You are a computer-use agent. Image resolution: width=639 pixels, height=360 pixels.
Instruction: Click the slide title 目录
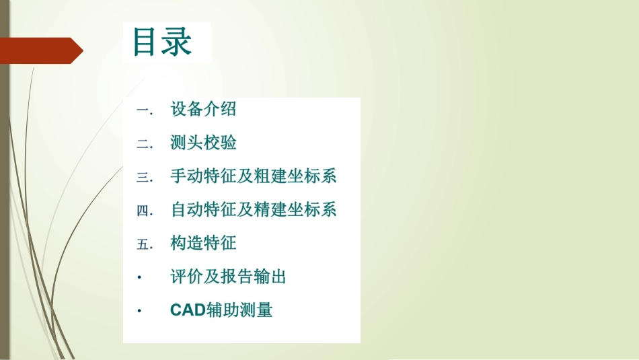coord(163,42)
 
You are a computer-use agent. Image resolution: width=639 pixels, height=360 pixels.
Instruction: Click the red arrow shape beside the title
coord(40,50)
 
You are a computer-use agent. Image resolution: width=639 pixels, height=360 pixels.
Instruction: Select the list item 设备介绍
coord(203,109)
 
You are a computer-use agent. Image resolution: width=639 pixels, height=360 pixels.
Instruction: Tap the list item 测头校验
coord(203,143)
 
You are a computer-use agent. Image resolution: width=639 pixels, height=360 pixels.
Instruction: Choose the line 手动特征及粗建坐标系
coord(254,176)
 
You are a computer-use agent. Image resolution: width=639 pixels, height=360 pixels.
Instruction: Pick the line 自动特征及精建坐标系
coord(254,210)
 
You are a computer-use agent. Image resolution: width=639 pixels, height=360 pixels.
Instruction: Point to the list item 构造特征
coord(203,244)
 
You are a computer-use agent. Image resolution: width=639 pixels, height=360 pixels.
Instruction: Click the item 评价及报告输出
coord(229,277)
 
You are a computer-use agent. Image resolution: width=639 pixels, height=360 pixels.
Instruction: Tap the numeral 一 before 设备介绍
coord(143,110)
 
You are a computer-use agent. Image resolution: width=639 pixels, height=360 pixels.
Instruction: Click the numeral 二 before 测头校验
coord(143,143)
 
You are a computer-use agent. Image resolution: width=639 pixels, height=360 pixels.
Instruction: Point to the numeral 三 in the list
coord(143,177)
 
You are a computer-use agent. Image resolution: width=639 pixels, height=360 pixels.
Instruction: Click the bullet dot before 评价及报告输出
coord(139,277)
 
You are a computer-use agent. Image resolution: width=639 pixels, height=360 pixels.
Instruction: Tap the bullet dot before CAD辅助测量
coord(139,311)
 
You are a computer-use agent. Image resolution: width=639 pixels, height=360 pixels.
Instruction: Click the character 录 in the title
coord(178,42)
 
